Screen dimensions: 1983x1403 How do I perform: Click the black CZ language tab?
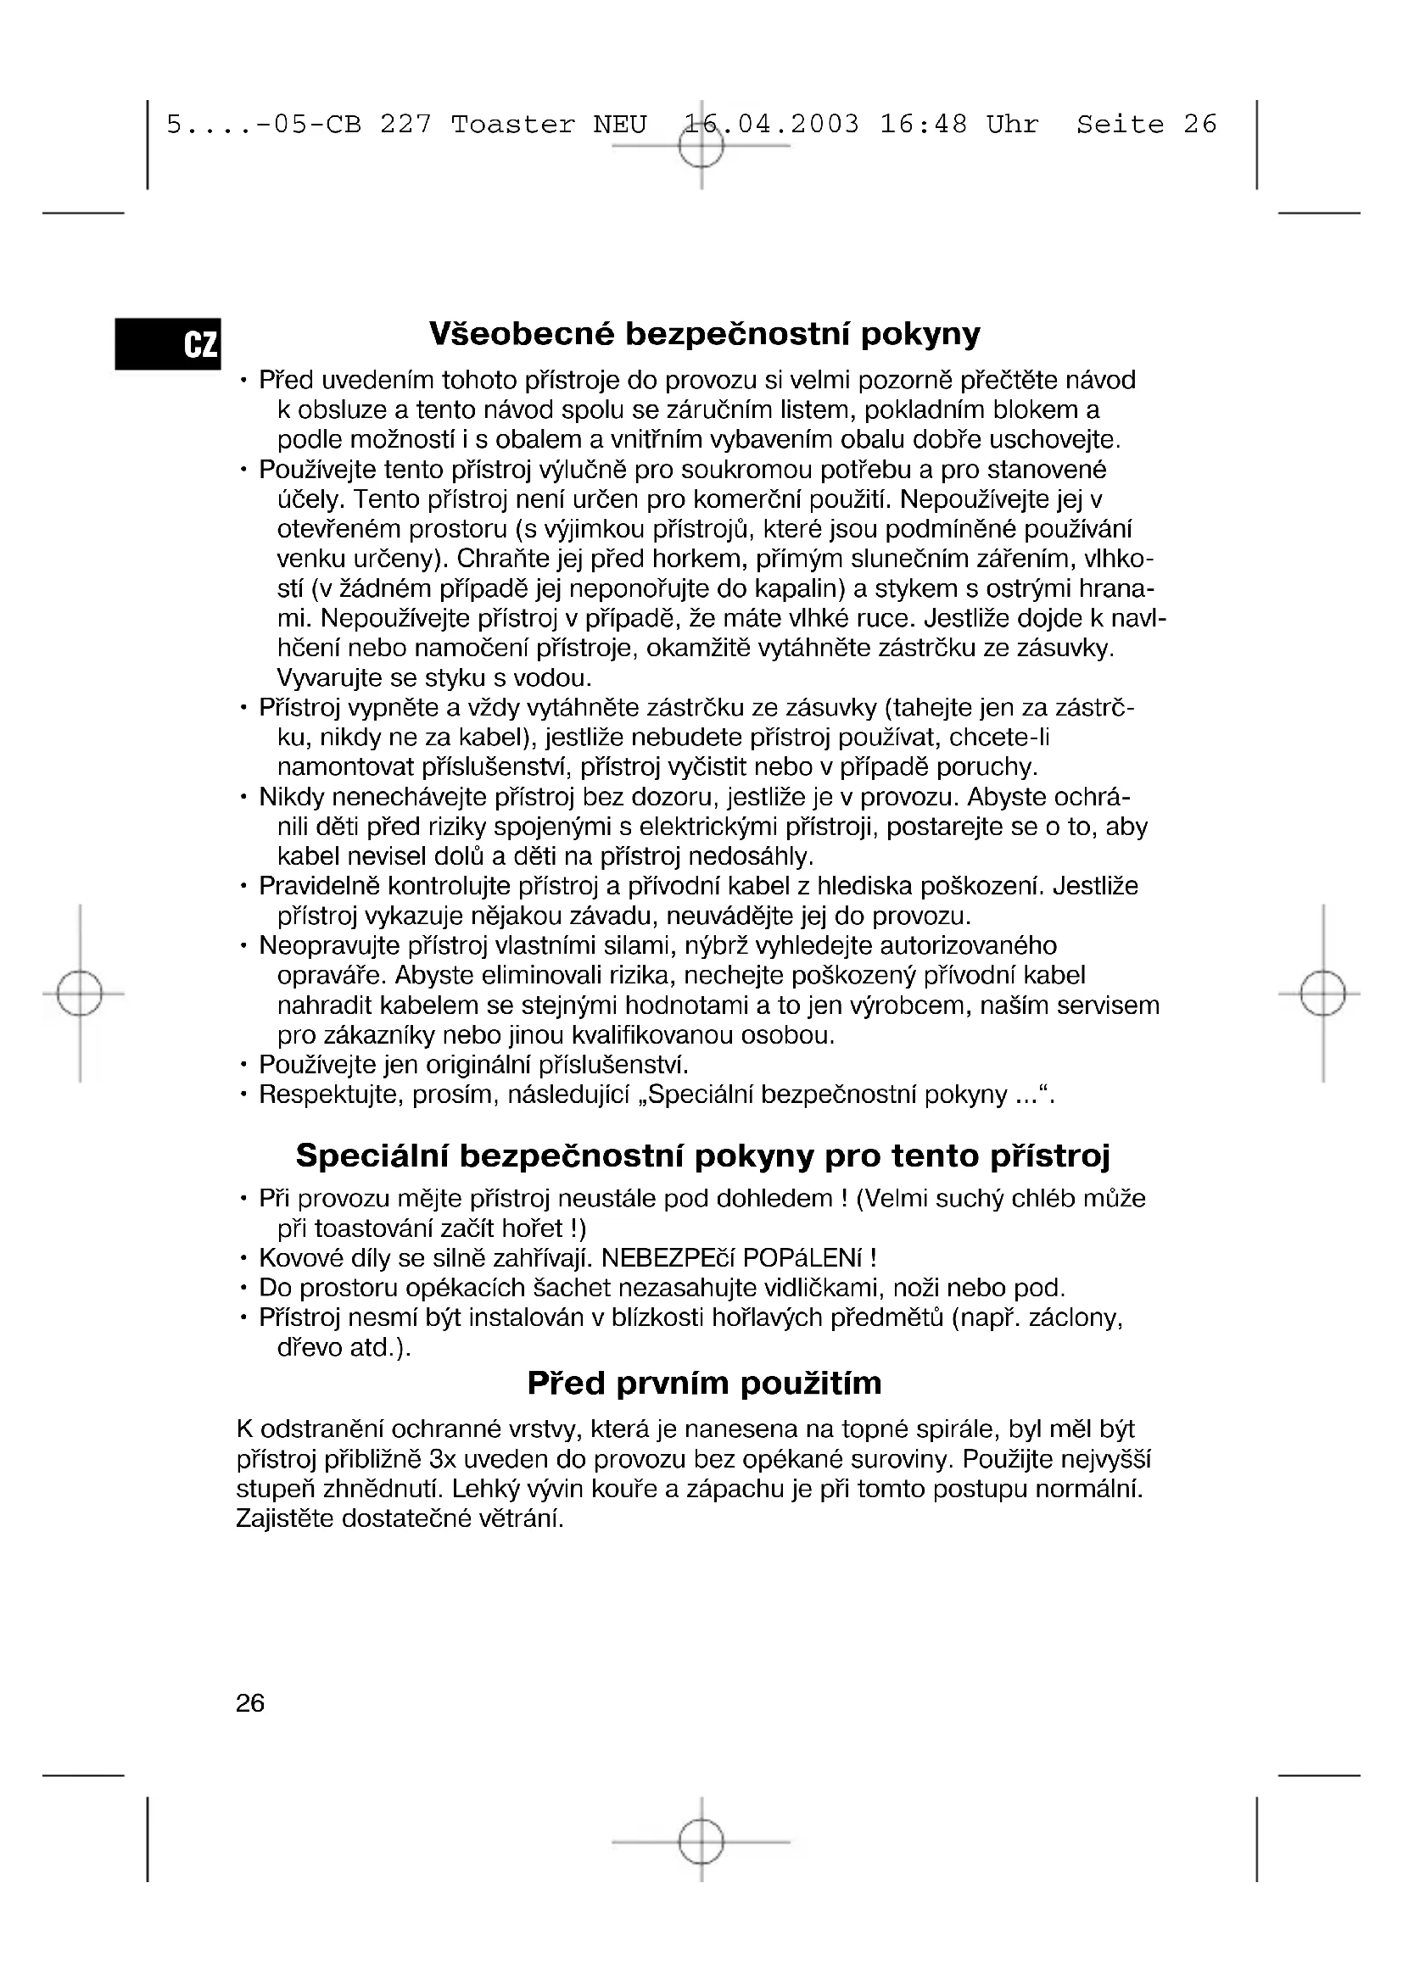169,343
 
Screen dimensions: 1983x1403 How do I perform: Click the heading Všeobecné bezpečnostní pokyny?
704,334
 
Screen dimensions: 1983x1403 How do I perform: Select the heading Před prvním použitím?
704,1383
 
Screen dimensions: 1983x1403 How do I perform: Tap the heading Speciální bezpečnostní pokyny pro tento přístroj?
702,1156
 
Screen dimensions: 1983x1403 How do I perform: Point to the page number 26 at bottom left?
249,1703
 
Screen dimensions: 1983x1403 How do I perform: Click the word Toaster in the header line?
512,125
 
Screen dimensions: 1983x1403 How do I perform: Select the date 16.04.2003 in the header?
771,125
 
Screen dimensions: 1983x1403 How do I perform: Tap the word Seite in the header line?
1120,125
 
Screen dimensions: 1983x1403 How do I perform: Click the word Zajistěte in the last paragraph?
285,1518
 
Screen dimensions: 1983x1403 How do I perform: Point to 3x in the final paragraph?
442,1460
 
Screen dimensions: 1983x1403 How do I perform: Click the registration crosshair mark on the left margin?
80,994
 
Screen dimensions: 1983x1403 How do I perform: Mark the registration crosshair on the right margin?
1322,994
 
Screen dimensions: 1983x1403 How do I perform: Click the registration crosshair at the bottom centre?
701,1842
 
